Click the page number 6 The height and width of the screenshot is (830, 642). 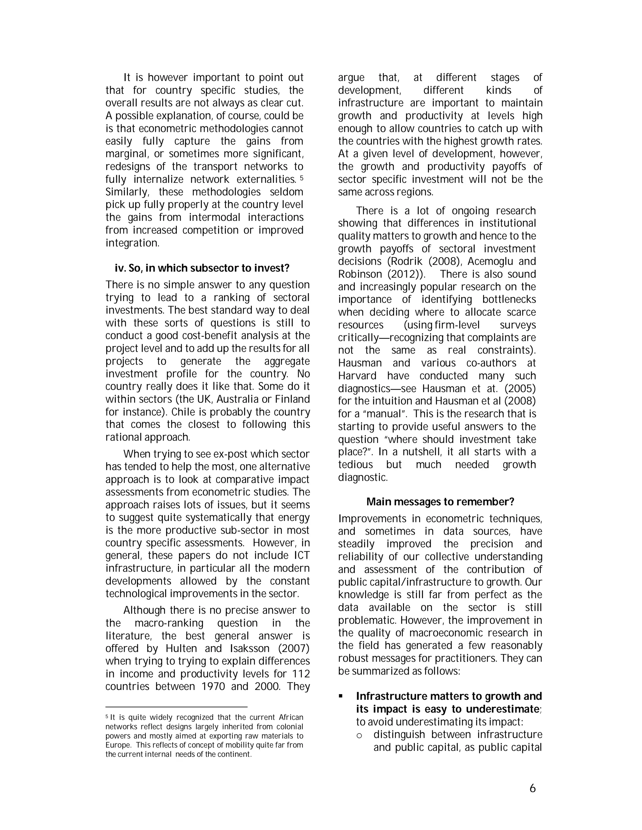pyautogui.click(x=533, y=789)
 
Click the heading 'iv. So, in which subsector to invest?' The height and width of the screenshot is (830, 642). pyautogui.click(x=202, y=268)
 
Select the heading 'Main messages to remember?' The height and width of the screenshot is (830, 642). pyautogui.click(x=440, y=502)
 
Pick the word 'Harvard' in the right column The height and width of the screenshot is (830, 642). pyautogui.click(x=357, y=376)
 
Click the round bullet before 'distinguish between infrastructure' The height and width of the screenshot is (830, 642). pyautogui.click(x=359, y=735)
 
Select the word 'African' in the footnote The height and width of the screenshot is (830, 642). pyautogui.click(x=291, y=718)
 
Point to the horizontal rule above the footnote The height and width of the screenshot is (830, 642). pyautogui.click(x=176, y=707)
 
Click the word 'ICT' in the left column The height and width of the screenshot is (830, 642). pyautogui.click(x=302, y=556)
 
